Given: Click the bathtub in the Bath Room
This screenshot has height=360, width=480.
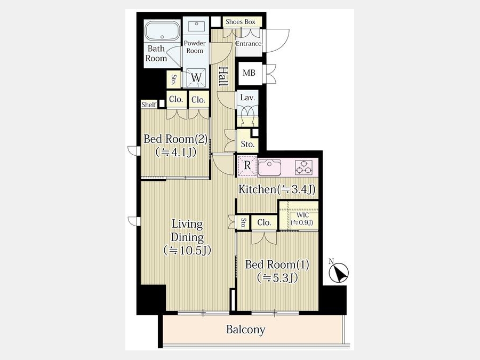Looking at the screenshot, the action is click(162, 31).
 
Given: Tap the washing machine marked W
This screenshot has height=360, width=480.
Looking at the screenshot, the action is click(196, 77).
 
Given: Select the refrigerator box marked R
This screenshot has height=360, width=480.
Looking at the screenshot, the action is click(247, 166).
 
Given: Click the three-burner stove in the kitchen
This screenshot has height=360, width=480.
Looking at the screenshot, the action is click(303, 167).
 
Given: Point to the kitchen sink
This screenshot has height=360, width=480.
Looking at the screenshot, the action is click(269, 167).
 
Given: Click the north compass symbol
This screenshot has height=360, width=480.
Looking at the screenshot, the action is click(339, 271).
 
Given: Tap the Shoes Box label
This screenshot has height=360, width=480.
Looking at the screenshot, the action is click(241, 22).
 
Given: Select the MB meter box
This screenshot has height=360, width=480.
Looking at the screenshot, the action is click(250, 74).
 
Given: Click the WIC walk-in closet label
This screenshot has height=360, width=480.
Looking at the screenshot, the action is click(302, 215).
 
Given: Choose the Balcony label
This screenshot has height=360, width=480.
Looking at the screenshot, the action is click(245, 330).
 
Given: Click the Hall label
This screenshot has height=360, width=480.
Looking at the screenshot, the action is click(223, 76).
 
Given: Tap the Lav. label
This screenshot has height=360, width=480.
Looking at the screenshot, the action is click(247, 98).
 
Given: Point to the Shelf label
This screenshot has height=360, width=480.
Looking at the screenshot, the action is click(149, 105).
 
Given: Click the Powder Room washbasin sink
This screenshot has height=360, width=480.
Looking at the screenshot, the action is click(196, 26).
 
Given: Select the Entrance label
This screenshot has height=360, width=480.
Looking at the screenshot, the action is click(249, 44).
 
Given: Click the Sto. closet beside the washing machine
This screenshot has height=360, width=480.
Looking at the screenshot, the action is click(173, 79).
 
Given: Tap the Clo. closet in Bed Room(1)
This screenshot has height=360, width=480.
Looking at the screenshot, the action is click(264, 222).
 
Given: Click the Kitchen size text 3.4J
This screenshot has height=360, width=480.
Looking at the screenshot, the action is click(296, 189).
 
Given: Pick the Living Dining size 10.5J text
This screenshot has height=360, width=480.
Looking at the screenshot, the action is click(187, 251).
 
